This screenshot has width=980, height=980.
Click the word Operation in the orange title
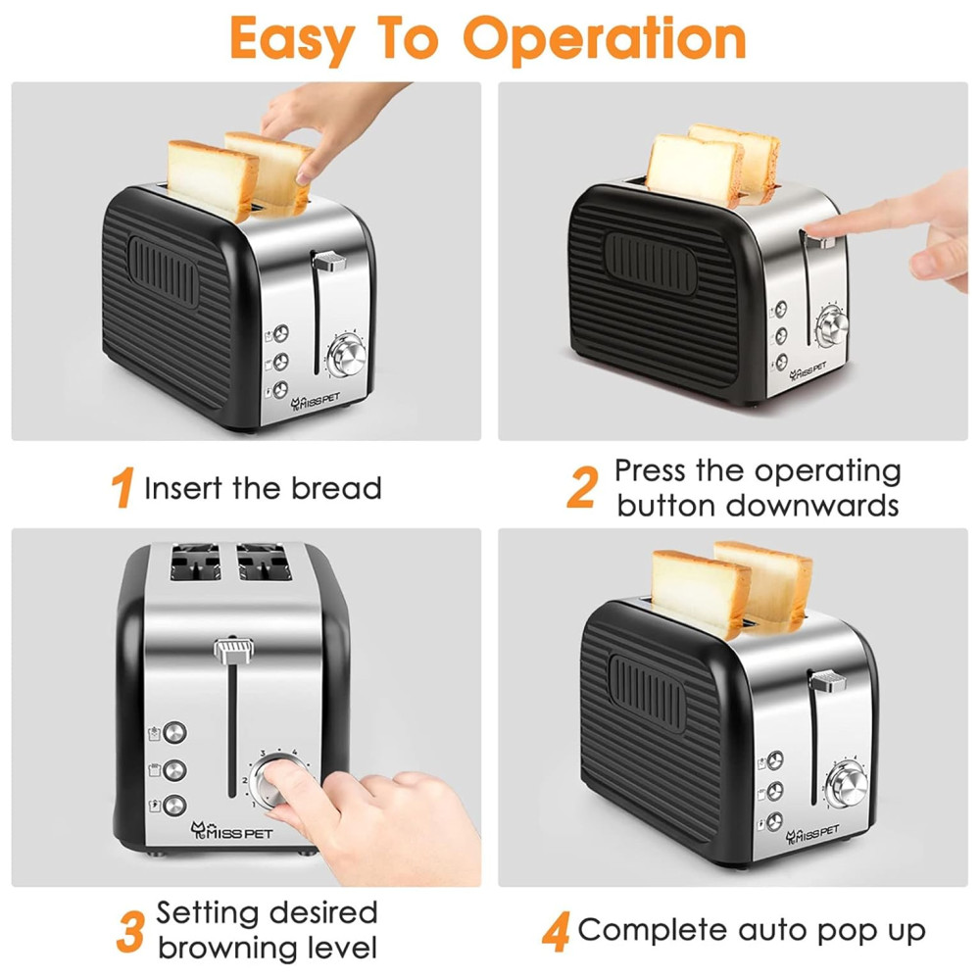605,39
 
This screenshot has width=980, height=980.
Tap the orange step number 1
122,487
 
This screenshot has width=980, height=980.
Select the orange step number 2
582,487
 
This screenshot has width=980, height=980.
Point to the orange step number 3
130,931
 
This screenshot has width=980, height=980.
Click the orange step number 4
556,931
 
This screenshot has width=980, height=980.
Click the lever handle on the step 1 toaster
328,261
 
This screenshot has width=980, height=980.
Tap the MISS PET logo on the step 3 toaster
231,831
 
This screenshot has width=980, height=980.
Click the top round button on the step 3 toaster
174,732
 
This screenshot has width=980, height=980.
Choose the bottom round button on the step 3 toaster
174,805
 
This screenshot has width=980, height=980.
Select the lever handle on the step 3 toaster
234,651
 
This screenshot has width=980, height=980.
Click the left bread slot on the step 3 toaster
195,562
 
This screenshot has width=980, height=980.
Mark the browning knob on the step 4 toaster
848,784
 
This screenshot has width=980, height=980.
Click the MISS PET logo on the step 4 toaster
811,833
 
